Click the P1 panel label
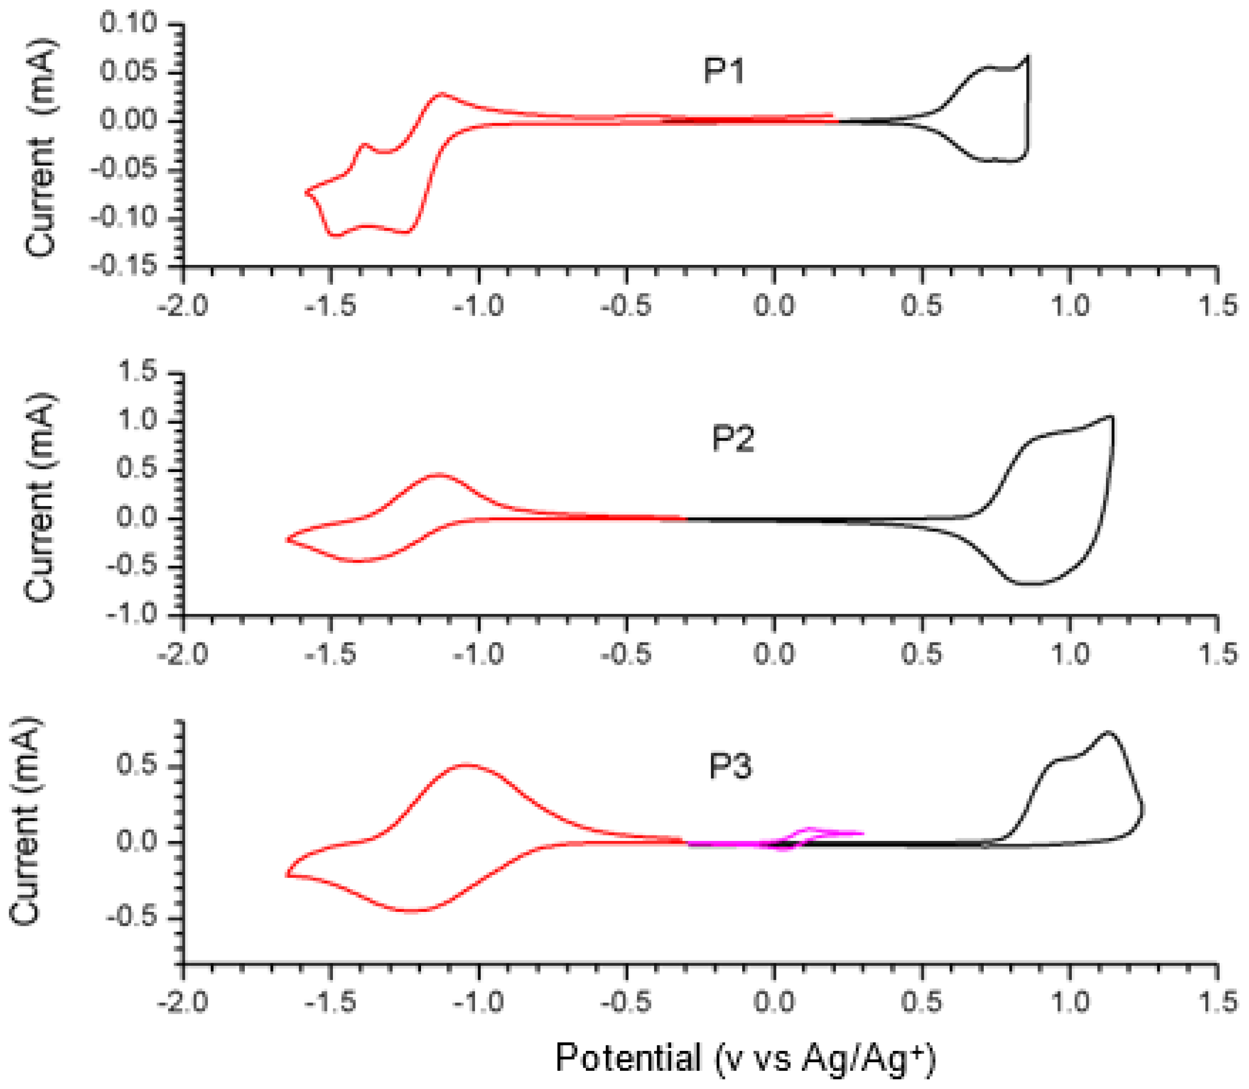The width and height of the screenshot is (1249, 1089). (x=724, y=72)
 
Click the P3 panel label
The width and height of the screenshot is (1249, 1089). (x=730, y=766)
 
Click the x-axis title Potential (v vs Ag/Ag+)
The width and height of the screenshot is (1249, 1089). (x=745, y=1057)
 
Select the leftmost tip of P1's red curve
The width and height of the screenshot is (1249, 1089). (x=306, y=192)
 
